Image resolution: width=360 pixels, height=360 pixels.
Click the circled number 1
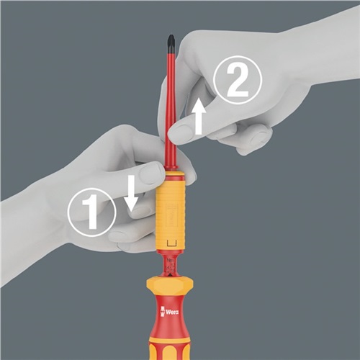pos(92,212)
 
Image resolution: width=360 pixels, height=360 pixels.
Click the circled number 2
pos(238,80)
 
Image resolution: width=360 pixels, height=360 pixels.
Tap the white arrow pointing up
pos(199,117)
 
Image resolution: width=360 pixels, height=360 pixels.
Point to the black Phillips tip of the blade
pos(171,44)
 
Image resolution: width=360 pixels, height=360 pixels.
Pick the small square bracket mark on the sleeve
pos(171,243)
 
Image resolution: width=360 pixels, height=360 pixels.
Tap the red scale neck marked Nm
pos(171,265)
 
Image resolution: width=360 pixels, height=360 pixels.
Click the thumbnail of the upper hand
pos(181,134)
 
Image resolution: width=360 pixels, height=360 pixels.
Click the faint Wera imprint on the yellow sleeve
pos(172,215)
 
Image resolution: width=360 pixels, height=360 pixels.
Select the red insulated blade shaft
pos(171,110)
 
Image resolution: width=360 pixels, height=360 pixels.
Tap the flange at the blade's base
pos(171,169)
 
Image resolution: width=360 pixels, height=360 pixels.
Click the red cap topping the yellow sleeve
pos(171,175)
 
